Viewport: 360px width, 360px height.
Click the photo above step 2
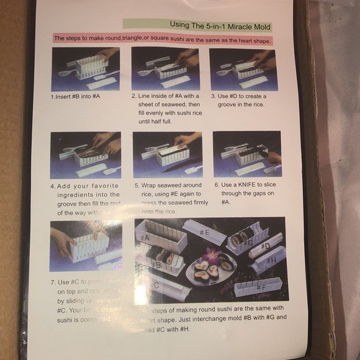coord(165,69)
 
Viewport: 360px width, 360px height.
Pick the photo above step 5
coord(167,155)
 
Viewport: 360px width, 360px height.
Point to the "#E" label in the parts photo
coord(205,232)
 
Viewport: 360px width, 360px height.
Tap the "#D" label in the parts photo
coord(265,246)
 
